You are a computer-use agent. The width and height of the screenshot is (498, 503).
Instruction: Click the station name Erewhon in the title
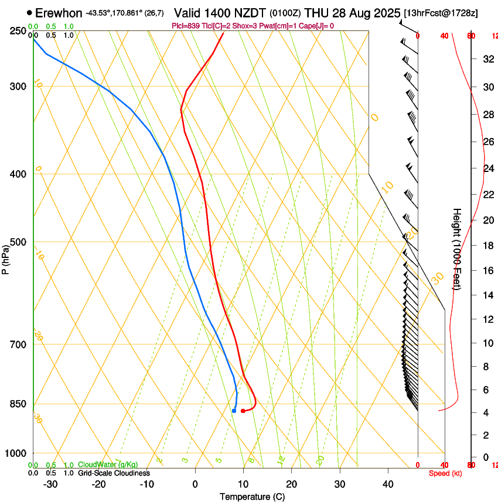[x=59, y=13]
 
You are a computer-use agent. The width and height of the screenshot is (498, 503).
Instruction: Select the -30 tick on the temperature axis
[x=50, y=484]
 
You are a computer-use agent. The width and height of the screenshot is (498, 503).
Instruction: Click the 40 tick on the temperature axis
[x=387, y=484]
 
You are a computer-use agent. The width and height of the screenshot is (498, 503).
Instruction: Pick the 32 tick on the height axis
[x=487, y=58]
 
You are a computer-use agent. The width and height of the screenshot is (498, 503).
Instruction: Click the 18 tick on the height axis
[x=487, y=246]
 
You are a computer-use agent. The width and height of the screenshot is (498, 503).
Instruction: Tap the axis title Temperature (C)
[x=252, y=497]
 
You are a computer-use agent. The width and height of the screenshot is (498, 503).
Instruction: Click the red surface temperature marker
[x=243, y=411]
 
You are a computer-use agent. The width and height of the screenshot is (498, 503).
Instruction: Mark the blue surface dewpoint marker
[x=234, y=411]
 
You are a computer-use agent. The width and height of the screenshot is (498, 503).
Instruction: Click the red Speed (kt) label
[x=445, y=473]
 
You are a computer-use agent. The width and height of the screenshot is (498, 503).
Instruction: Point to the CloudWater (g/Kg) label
[x=108, y=464]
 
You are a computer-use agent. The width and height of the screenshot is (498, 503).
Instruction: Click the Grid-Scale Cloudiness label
[x=114, y=473]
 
